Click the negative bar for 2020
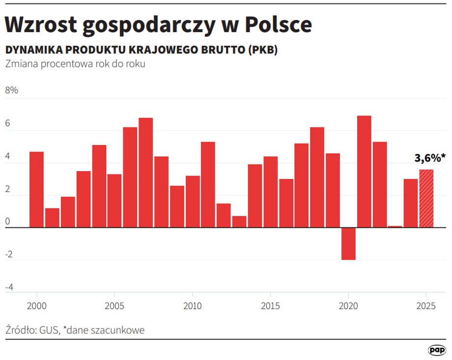pos(348,243)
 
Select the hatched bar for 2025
pos(426,199)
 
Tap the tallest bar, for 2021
pos(364,172)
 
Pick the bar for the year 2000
pos(37,190)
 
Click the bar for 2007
pos(146,173)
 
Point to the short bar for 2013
pos(239,222)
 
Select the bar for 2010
pos(193,202)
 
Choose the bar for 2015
pos(271,192)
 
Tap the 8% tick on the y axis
pos(11,90)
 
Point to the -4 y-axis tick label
pos(9,287)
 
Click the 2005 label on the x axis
pos(114,305)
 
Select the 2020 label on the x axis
pos(348,305)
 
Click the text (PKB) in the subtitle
pos(262,50)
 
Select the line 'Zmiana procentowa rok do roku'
pos(75,64)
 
